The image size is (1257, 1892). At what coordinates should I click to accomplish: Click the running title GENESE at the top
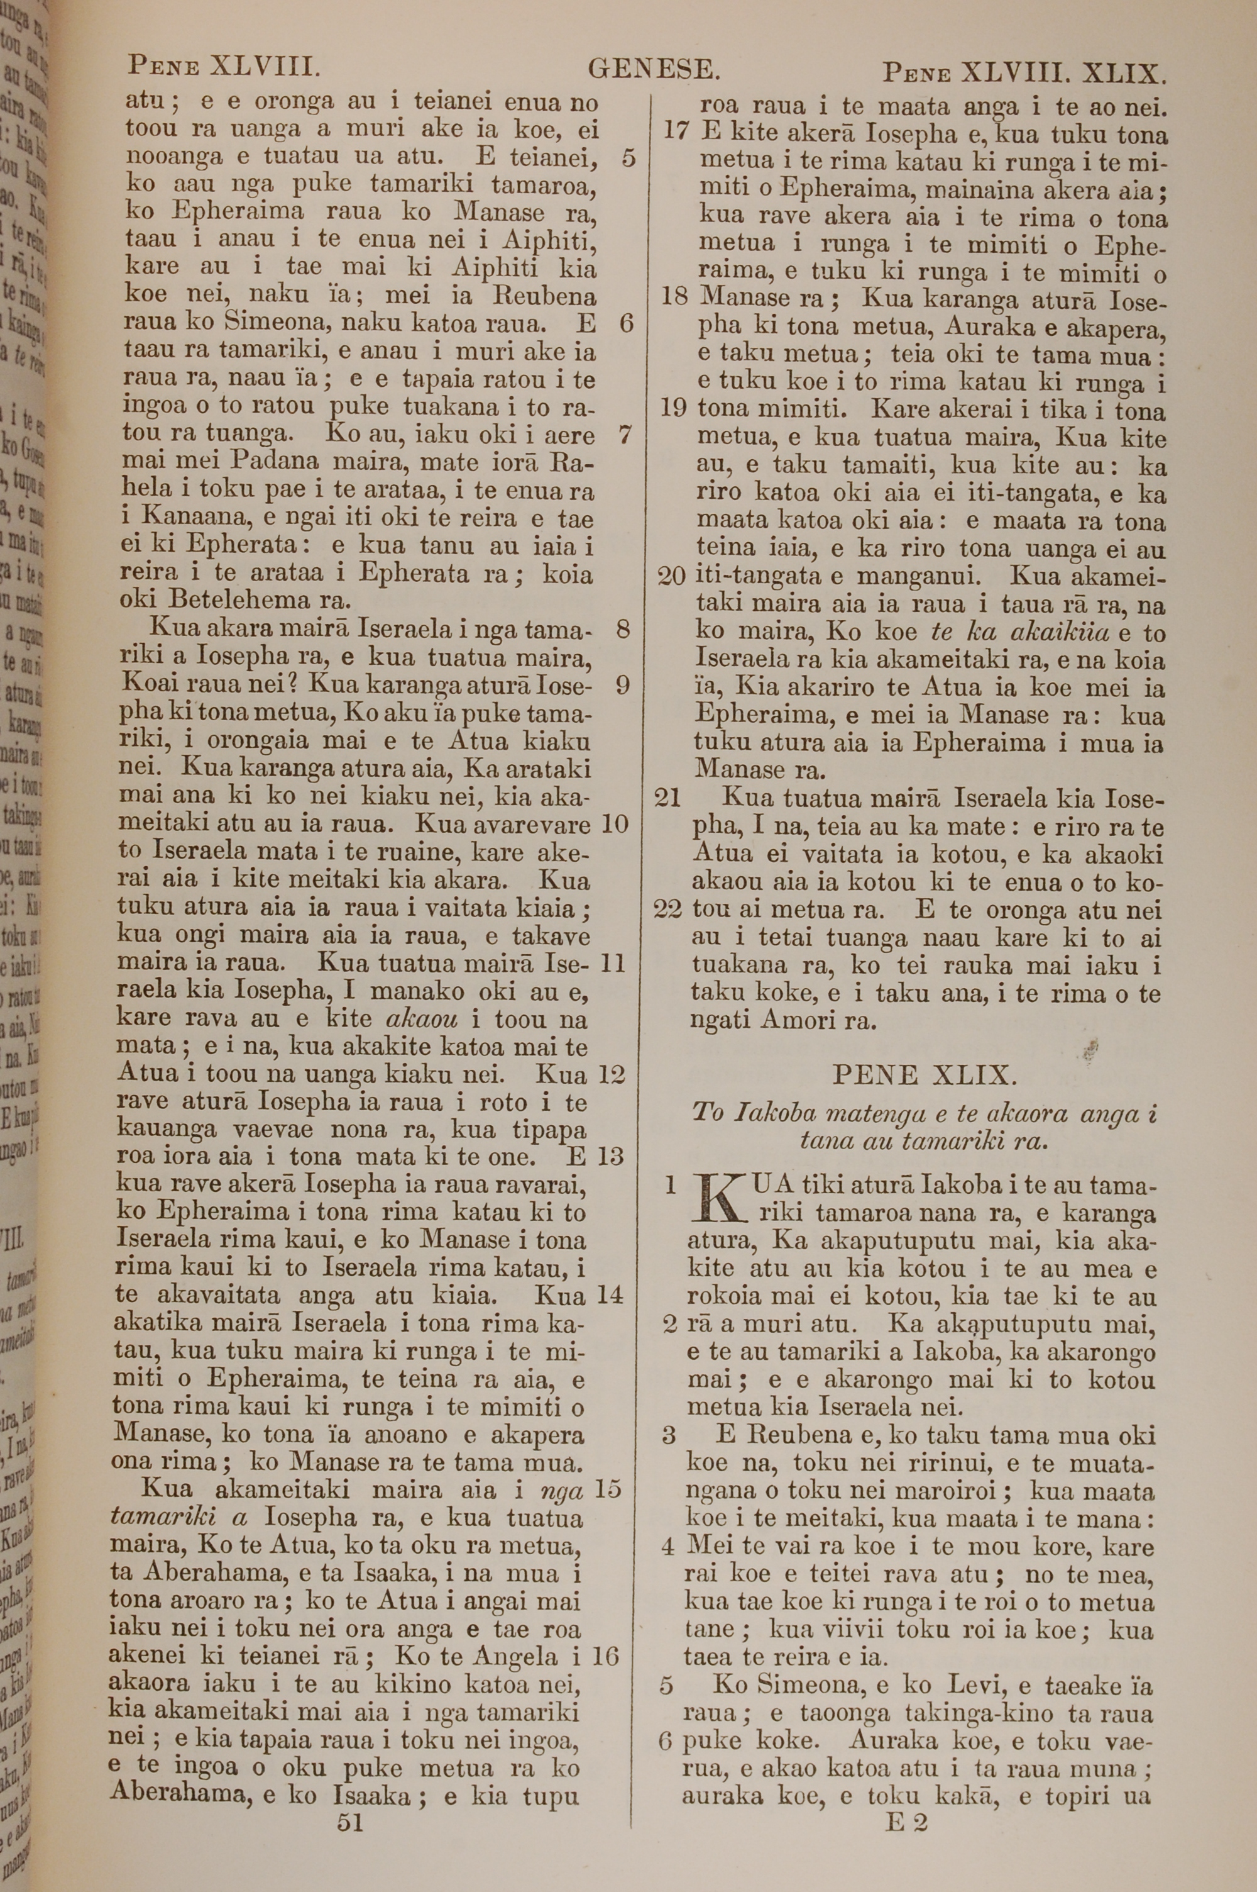click(x=654, y=70)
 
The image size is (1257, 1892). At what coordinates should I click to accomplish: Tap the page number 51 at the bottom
click(x=350, y=1801)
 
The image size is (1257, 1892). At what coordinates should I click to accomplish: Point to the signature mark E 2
click(x=907, y=1801)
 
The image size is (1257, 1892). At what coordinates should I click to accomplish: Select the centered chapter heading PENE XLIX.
click(x=926, y=1073)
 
